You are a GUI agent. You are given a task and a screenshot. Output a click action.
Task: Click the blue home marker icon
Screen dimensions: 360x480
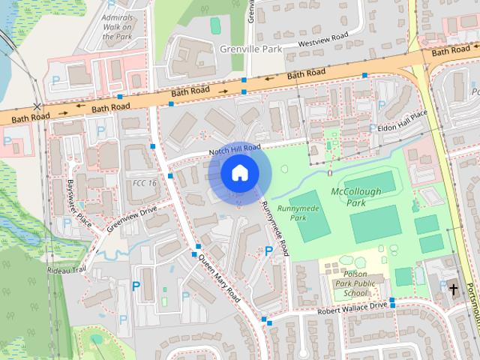point(239,173)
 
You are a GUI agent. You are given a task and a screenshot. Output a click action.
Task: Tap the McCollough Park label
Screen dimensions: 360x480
point(355,197)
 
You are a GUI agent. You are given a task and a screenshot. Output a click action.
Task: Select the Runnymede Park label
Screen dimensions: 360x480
point(291,213)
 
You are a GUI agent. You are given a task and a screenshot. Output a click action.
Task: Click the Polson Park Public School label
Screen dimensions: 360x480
point(355,283)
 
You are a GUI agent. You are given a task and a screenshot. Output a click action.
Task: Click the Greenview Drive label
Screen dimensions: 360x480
point(131,217)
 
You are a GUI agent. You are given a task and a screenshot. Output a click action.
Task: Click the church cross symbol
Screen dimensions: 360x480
point(453,288)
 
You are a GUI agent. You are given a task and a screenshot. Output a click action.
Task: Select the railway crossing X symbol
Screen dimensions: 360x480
point(37,107)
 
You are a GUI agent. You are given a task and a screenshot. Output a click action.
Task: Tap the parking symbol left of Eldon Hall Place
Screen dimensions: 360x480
point(373,128)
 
